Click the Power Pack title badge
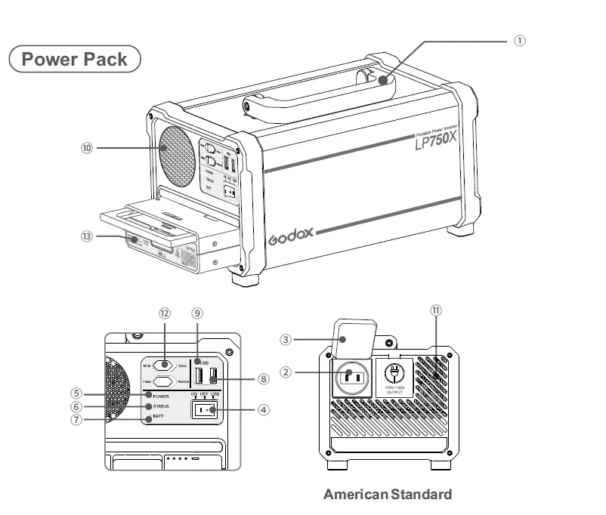click(x=74, y=59)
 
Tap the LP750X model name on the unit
click(x=435, y=141)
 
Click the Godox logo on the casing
click(x=290, y=236)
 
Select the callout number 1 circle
click(x=520, y=41)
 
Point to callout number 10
click(x=87, y=149)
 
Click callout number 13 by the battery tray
click(x=87, y=236)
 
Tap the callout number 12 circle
click(x=165, y=313)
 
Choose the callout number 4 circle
click(x=263, y=411)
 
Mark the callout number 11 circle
click(x=435, y=310)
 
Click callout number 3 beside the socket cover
click(x=286, y=340)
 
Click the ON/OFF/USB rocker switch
click(x=205, y=410)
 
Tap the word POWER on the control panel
click(x=160, y=396)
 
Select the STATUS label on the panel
click(x=161, y=406)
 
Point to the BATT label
click(x=158, y=417)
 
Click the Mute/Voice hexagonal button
click(x=164, y=365)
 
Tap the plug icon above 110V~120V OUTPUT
click(x=395, y=373)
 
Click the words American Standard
click(x=388, y=495)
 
